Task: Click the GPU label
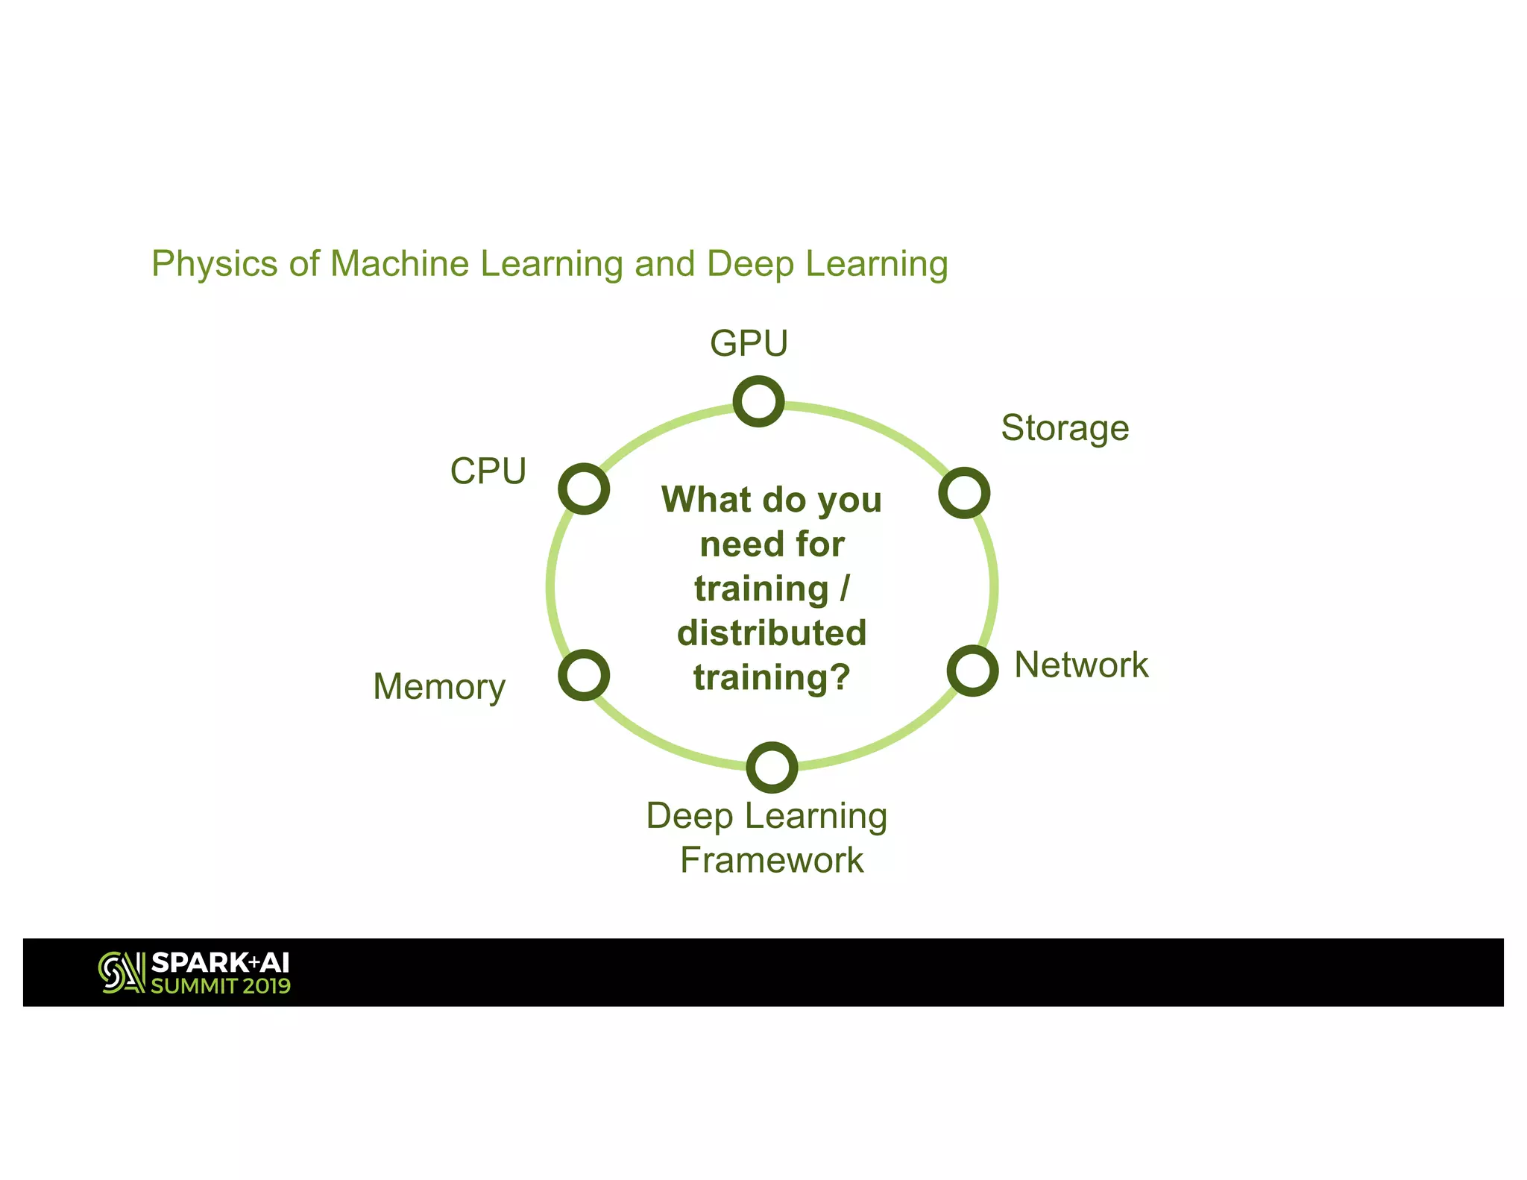coord(749,344)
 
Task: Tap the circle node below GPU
coord(758,401)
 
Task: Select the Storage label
coord(1065,429)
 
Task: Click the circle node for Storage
coord(964,493)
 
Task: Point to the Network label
coord(1081,665)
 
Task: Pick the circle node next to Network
coord(972,671)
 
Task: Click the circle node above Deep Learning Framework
coord(772,767)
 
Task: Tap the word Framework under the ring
coord(772,860)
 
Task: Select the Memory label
coord(439,687)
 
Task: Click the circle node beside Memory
coord(584,675)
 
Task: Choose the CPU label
coord(488,471)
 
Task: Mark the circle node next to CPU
coord(584,489)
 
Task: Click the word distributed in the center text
coord(772,633)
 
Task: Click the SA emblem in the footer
coord(122,973)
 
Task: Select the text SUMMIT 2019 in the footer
coord(221,986)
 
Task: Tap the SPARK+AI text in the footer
coord(221,962)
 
